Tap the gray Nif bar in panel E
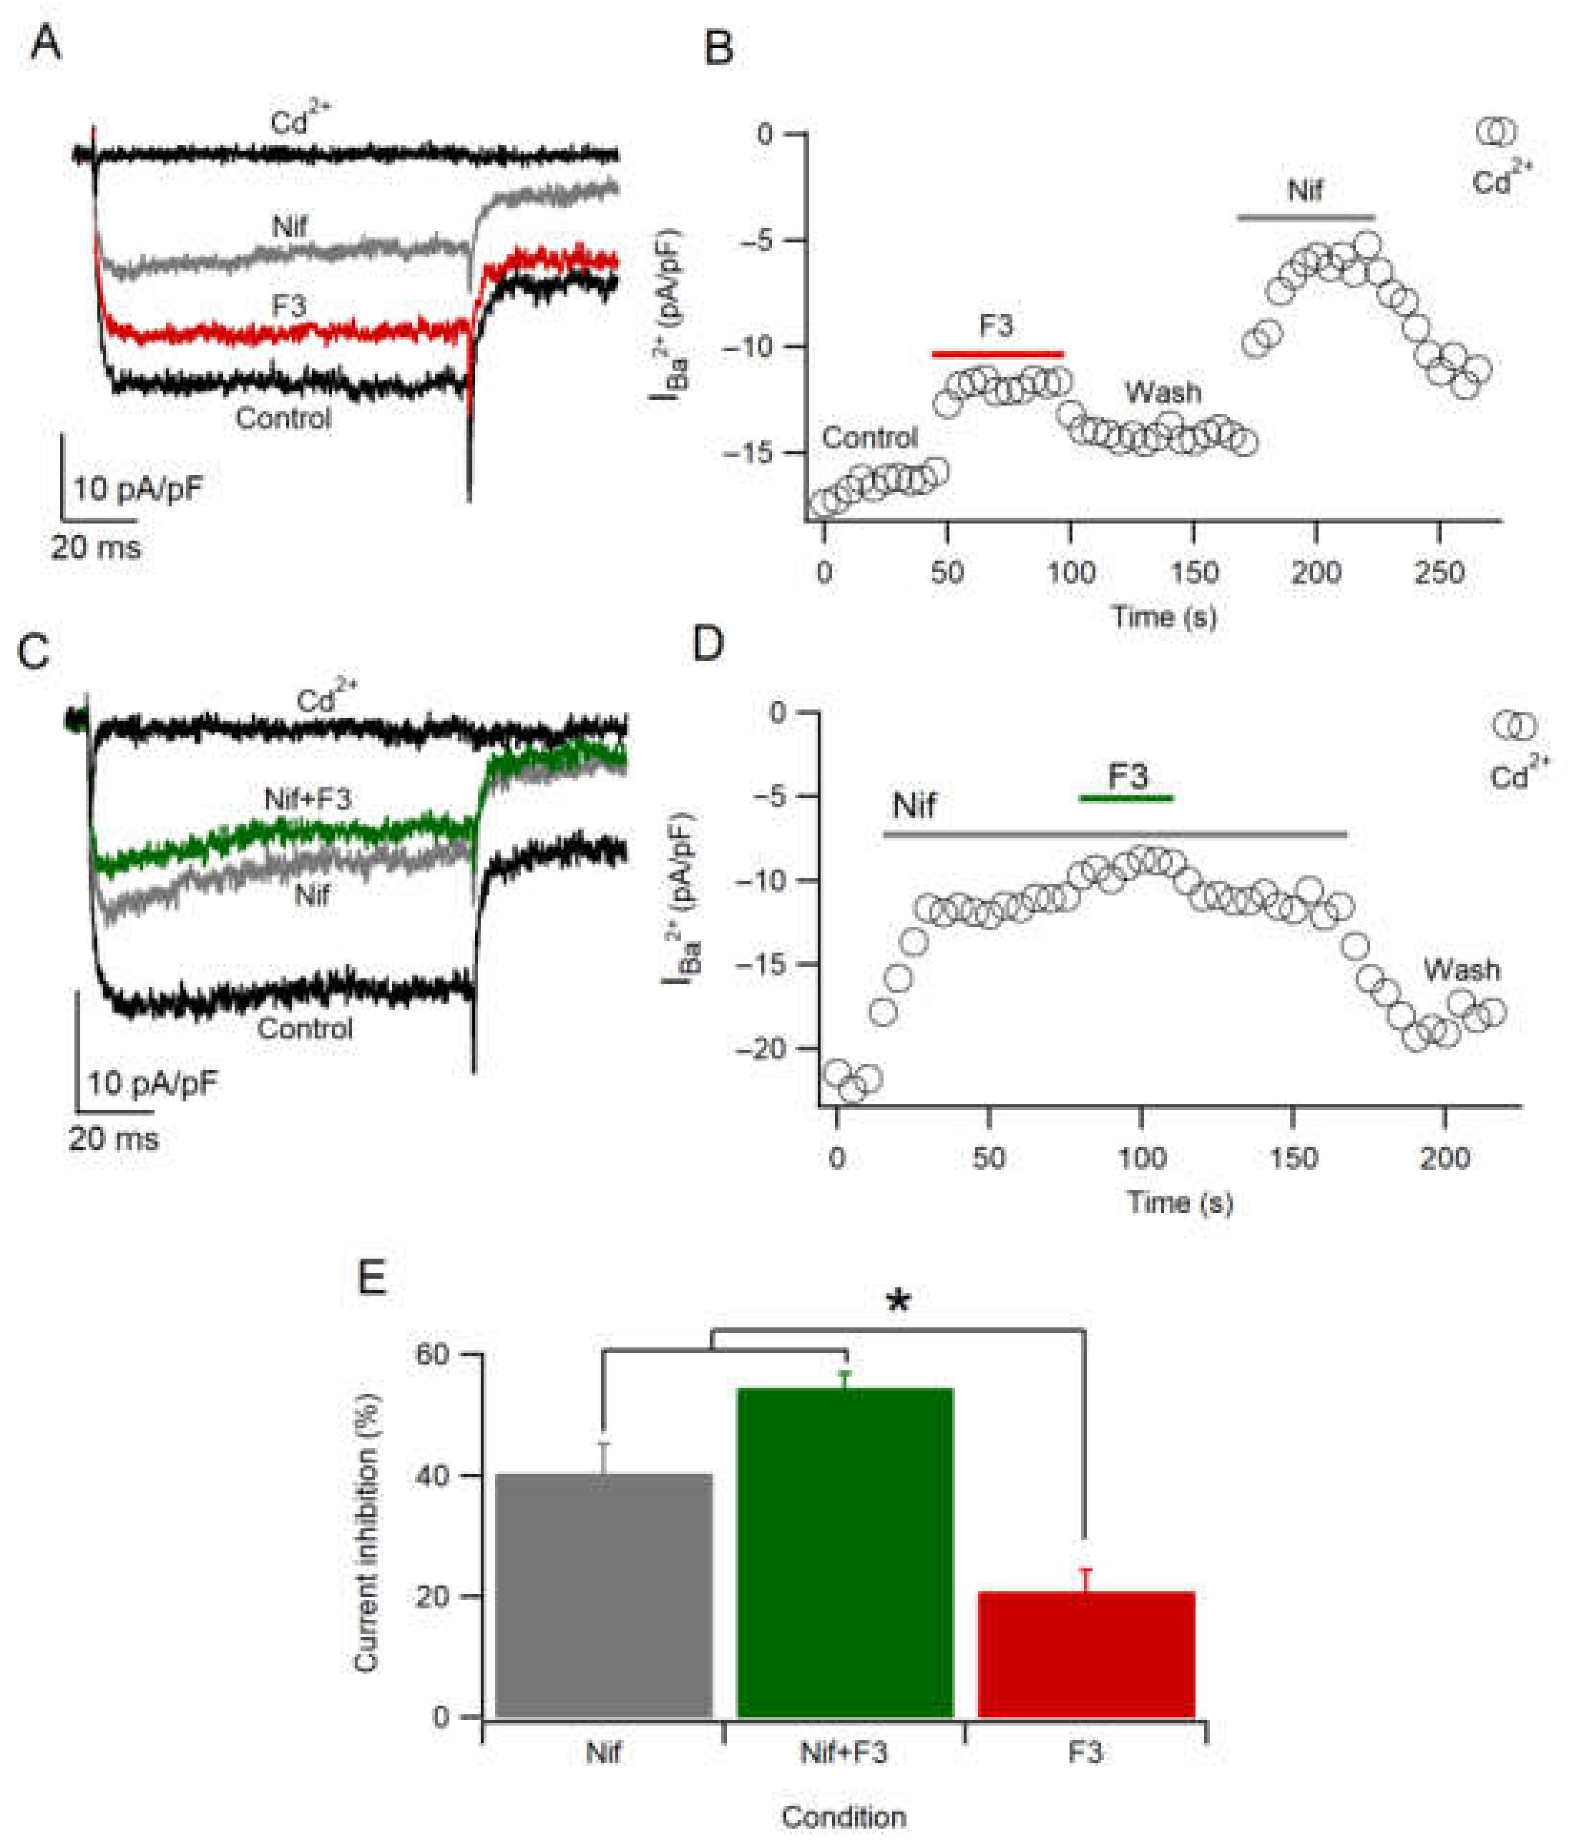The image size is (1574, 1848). pos(604,1596)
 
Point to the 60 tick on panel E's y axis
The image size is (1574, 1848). pos(433,1355)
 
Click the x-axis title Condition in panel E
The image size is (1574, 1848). pos(844,1817)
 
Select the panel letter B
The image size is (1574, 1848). pos(718,48)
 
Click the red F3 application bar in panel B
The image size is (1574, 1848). pos(997,354)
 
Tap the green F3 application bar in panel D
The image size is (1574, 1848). pos(1125,797)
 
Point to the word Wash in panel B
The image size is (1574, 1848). pos(1162,393)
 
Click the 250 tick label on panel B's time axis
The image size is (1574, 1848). pos(1438,573)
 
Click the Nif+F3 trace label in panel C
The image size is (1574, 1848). pos(308,799)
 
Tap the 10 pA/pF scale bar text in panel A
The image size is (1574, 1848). pos(138,488)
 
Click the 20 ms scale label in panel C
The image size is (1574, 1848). pos(113,1139)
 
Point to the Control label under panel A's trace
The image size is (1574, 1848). pos(283,418)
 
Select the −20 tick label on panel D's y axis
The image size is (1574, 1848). pos(765,1049)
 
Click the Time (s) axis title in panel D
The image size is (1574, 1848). pos(1179,1202)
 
